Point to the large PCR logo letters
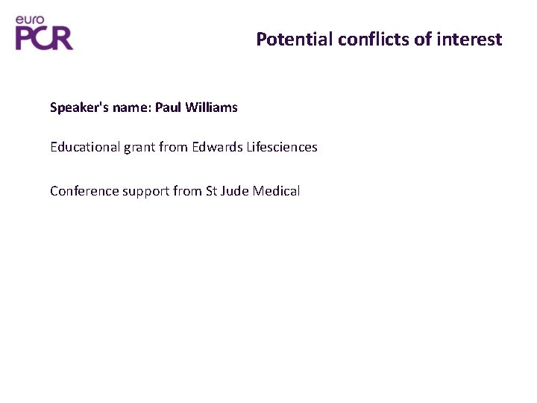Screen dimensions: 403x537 click(x=44, y=37)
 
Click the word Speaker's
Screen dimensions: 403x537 click(x=74, y=107)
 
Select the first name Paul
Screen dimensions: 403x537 click(x=167, y=107)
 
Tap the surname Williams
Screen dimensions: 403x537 click(x=210, y=107)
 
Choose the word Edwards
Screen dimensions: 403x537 click(x=215, y=147)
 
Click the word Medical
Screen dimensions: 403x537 click(x=277, y=191)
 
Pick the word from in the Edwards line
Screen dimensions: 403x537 click(x=175, y=147)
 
